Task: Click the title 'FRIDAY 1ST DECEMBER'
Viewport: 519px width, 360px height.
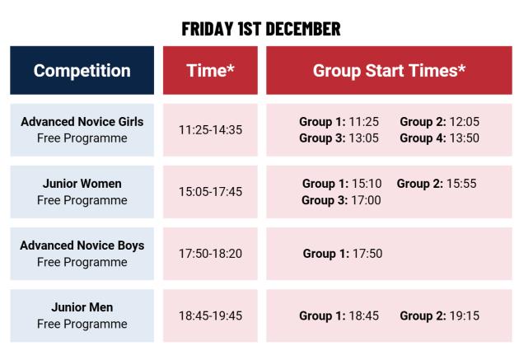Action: [260, 29]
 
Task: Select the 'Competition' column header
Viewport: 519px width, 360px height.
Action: [82, 70]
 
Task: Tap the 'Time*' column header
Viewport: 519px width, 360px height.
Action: [210, 70]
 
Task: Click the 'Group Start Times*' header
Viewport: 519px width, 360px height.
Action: [389, 70]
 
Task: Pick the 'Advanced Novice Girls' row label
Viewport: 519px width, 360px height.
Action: [82, 122]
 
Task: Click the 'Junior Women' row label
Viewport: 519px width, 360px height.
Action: [82, 184]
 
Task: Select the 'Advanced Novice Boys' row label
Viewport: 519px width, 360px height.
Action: [82, 245]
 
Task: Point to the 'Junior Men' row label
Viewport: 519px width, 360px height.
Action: [82, 307]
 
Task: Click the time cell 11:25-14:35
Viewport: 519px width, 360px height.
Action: [210, 130]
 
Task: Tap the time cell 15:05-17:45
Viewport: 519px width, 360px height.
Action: [210, 192]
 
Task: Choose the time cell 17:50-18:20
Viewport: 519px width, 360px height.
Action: [210, 254]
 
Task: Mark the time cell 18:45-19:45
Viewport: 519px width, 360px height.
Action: [210, 316]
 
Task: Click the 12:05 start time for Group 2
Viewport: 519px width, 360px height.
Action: [463, 122]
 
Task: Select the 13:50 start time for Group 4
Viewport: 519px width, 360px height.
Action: [463, 138]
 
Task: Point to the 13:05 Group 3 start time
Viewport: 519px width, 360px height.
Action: [362, 138]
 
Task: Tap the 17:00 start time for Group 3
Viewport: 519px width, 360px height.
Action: [365, 200]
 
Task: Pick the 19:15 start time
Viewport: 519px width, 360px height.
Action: [463, 316]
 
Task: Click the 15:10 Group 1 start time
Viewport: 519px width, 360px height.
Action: [365, 184]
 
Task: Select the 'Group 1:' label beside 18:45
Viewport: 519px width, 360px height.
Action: [320, 316]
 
